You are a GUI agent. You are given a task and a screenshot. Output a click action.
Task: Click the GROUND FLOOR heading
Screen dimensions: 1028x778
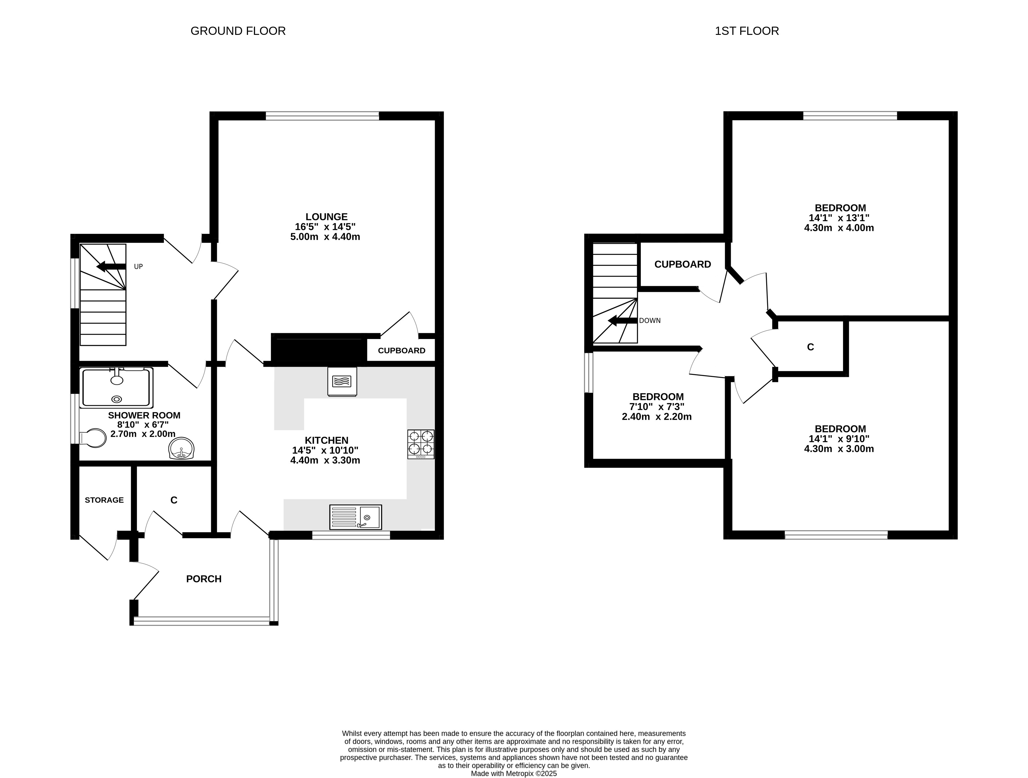[x=238, y=31]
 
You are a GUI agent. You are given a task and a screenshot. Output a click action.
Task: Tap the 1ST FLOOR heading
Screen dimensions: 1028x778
[x=747, y=31]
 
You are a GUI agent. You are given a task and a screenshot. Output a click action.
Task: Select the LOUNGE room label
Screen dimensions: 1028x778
[x=326, y=217]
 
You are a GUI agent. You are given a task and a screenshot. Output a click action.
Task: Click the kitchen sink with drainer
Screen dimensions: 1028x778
[x=356, y=517]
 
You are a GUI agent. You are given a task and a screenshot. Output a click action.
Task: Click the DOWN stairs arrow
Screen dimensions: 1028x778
[x=623, y=321]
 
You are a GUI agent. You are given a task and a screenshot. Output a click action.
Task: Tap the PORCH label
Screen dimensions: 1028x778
[x=203, y=579]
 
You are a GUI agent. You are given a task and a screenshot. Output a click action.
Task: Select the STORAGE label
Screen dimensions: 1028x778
[x=104, y=500]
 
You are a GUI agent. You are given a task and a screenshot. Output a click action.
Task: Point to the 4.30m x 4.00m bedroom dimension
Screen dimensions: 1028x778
[x=839, y=228]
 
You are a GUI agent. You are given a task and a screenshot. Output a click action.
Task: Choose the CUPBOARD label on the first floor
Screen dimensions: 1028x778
[x=683, y=264]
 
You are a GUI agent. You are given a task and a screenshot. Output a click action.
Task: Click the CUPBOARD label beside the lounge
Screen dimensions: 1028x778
[x=402, y=351]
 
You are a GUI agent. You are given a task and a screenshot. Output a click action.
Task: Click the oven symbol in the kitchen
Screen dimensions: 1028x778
[x=342, y=381]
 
